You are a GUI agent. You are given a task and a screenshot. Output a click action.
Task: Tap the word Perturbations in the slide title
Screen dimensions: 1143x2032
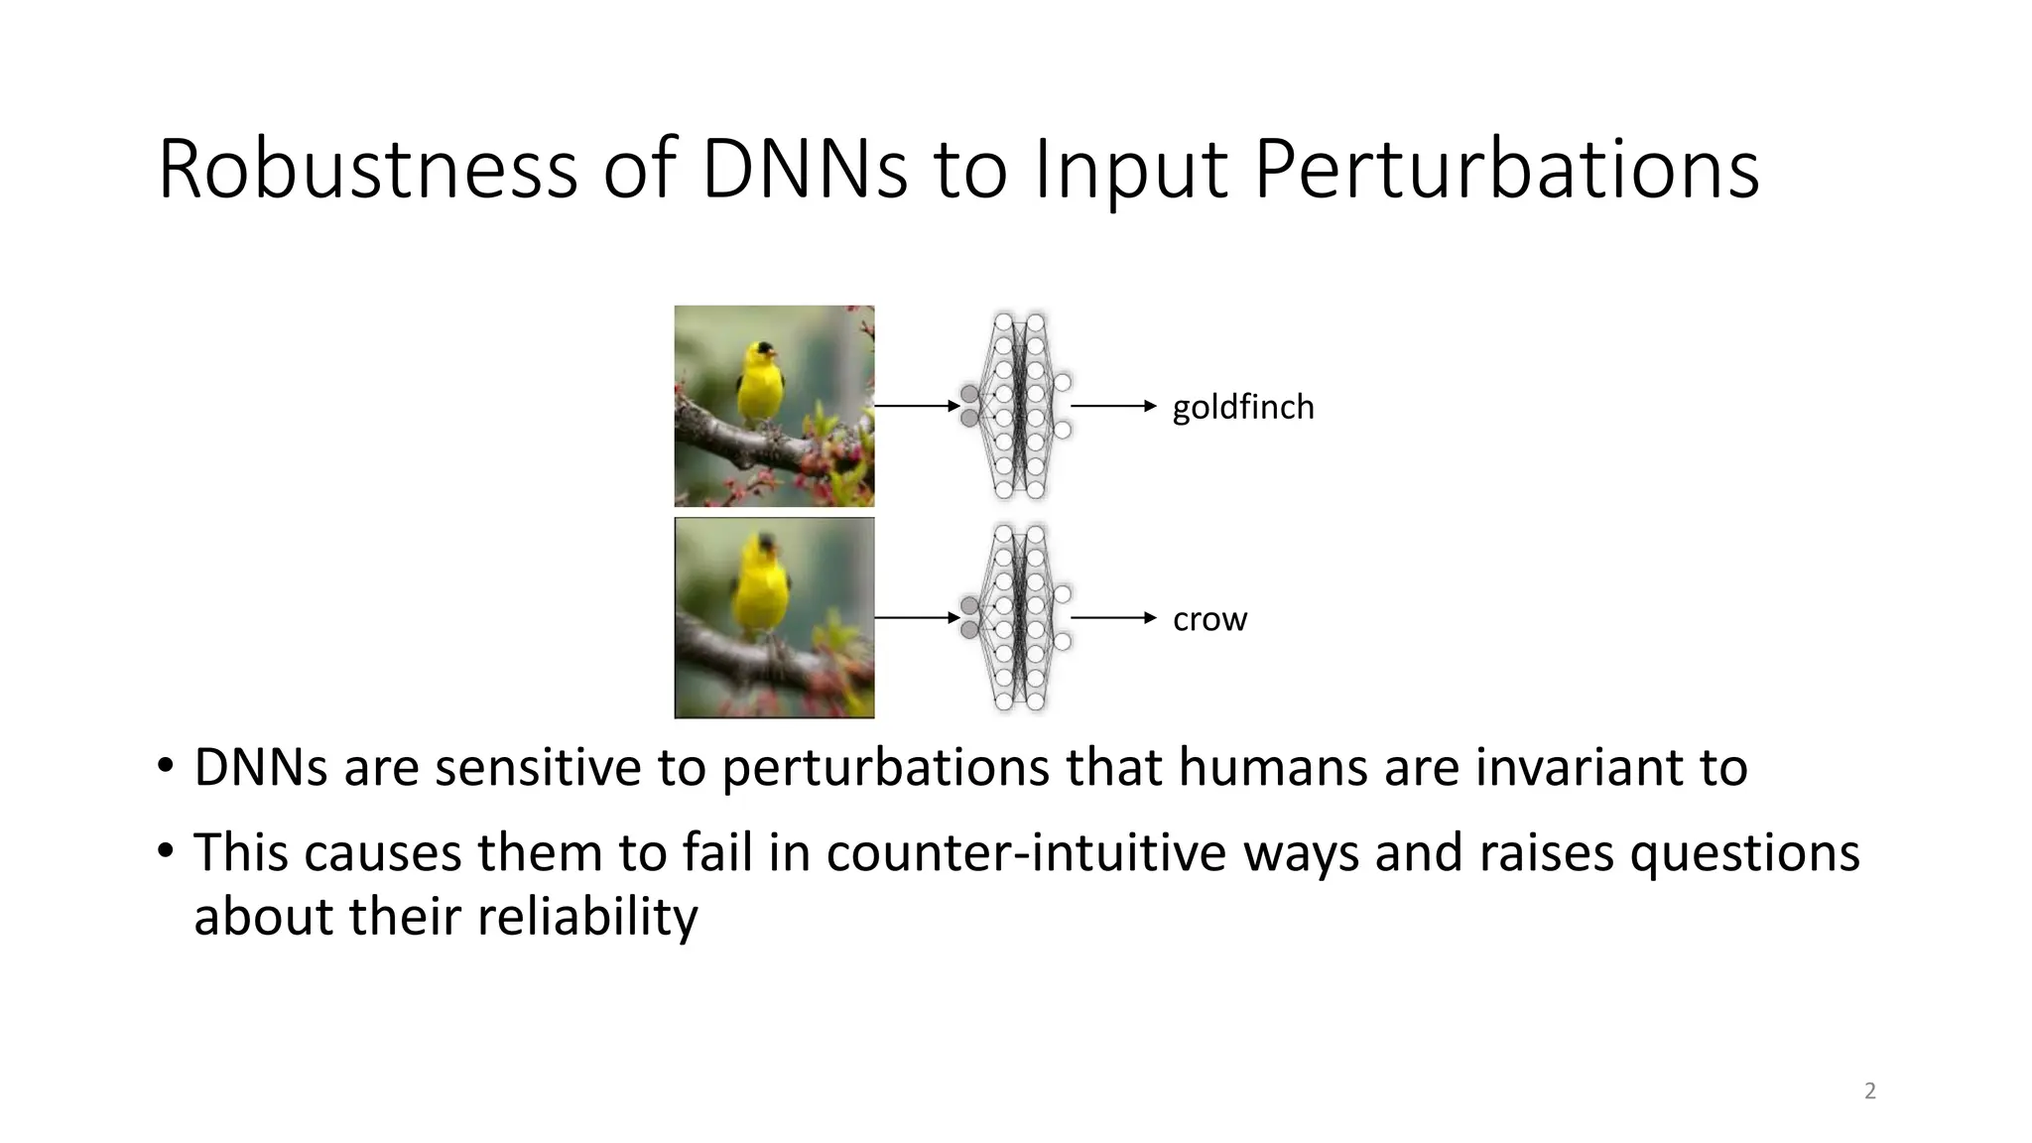point(1506,171)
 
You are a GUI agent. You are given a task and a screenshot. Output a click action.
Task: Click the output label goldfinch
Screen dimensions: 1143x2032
point(1242,407)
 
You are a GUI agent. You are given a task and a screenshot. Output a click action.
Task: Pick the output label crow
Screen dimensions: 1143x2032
point(1209,619)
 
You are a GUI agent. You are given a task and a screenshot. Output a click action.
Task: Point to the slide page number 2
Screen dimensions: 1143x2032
point(1870,1091)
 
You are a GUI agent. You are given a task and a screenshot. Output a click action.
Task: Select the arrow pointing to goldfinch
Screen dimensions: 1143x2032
point(1113,406)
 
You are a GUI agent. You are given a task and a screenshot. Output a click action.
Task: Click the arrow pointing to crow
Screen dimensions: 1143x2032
point(1113,618)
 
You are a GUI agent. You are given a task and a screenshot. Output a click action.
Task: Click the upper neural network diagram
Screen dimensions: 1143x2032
point(1018,406)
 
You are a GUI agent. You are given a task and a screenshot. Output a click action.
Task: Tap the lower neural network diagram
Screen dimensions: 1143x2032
point(1018,618)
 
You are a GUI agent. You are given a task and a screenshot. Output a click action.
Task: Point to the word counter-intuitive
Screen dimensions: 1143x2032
point(1026,852)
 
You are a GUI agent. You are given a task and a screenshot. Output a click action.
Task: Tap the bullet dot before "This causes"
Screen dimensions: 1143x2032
point(165,851)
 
